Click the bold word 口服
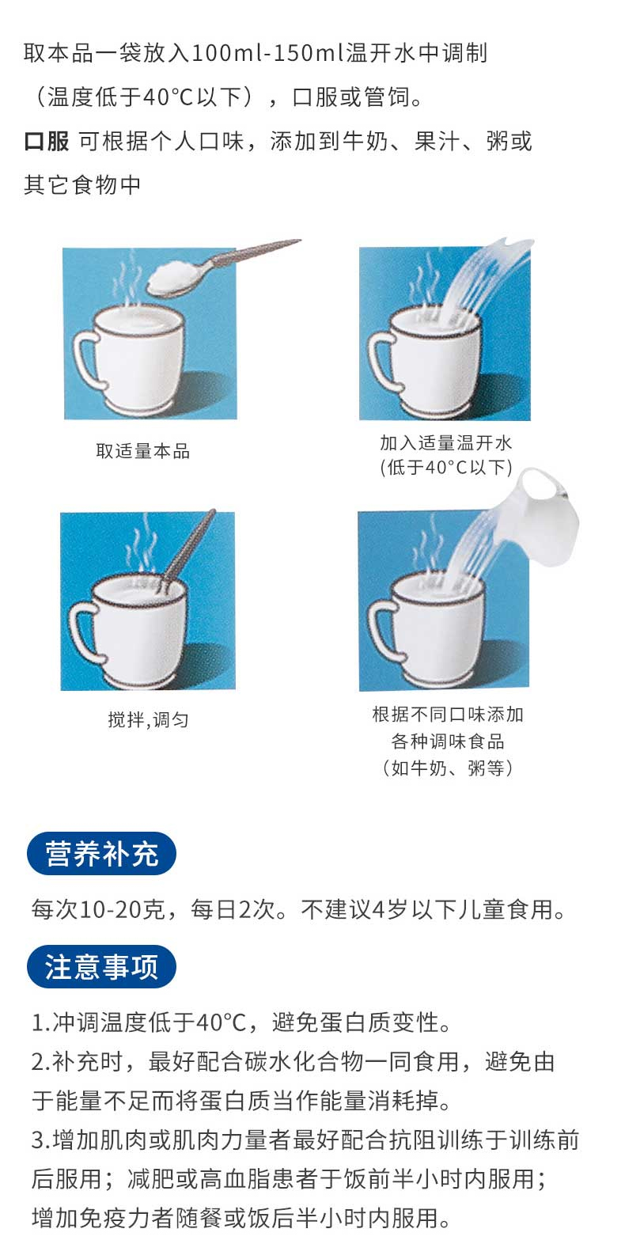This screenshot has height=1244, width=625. tap(46, 141)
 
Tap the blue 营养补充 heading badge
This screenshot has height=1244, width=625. tap(101, 853)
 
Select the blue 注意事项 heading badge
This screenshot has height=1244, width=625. tap(101, 967)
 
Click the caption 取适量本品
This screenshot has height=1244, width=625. tap(142, 451)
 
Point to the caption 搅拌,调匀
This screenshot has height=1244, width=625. tap(148, 720)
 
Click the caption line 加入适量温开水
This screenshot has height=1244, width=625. tap(445, 442)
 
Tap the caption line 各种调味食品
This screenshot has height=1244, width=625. tap(447, 741)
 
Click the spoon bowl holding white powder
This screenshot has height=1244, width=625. tap(175, 279)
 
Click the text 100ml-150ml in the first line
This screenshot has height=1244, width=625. tap(268, 53)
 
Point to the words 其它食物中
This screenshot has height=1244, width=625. tap(82, 184)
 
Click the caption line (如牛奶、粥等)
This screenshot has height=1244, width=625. tap(447, 768)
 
